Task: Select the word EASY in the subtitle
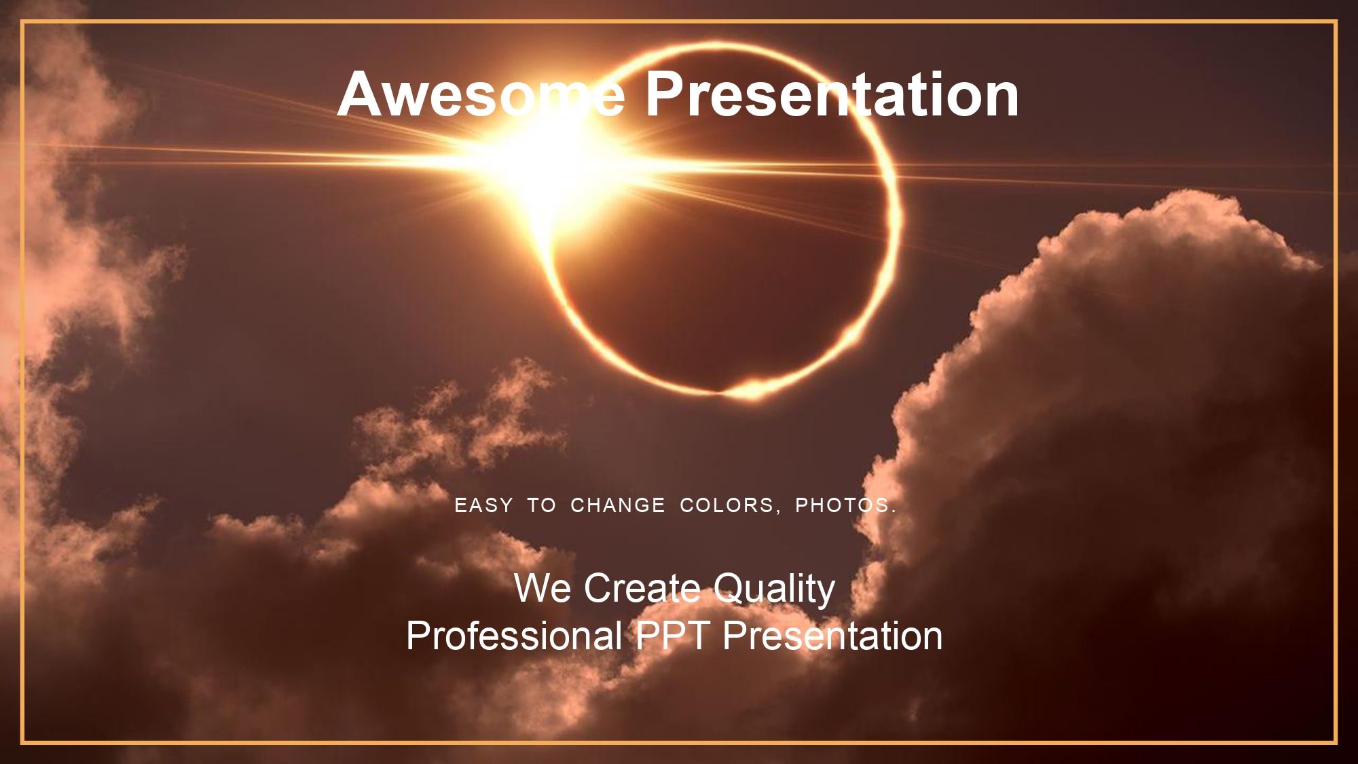[x=483, y=505]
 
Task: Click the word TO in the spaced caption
[x=541, y=505]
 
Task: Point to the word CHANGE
[x=617, y=505]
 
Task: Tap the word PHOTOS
[x=842, y=505]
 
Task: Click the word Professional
[x=514, y=636]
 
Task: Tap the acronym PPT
[x=672, y=636]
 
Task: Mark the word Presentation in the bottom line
[x=832, y=636]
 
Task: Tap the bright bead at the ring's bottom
[x=750, y=389]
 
